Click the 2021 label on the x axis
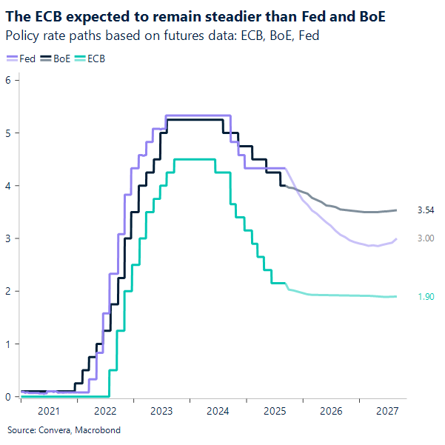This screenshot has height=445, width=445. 48,410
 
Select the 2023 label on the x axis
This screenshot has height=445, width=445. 161,410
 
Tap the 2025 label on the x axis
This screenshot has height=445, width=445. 274,410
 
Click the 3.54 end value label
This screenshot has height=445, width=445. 425,210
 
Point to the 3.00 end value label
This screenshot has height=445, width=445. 425,238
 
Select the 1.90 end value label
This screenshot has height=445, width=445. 425,297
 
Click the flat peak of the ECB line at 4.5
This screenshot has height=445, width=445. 194,159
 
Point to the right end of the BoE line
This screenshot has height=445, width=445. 395,210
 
